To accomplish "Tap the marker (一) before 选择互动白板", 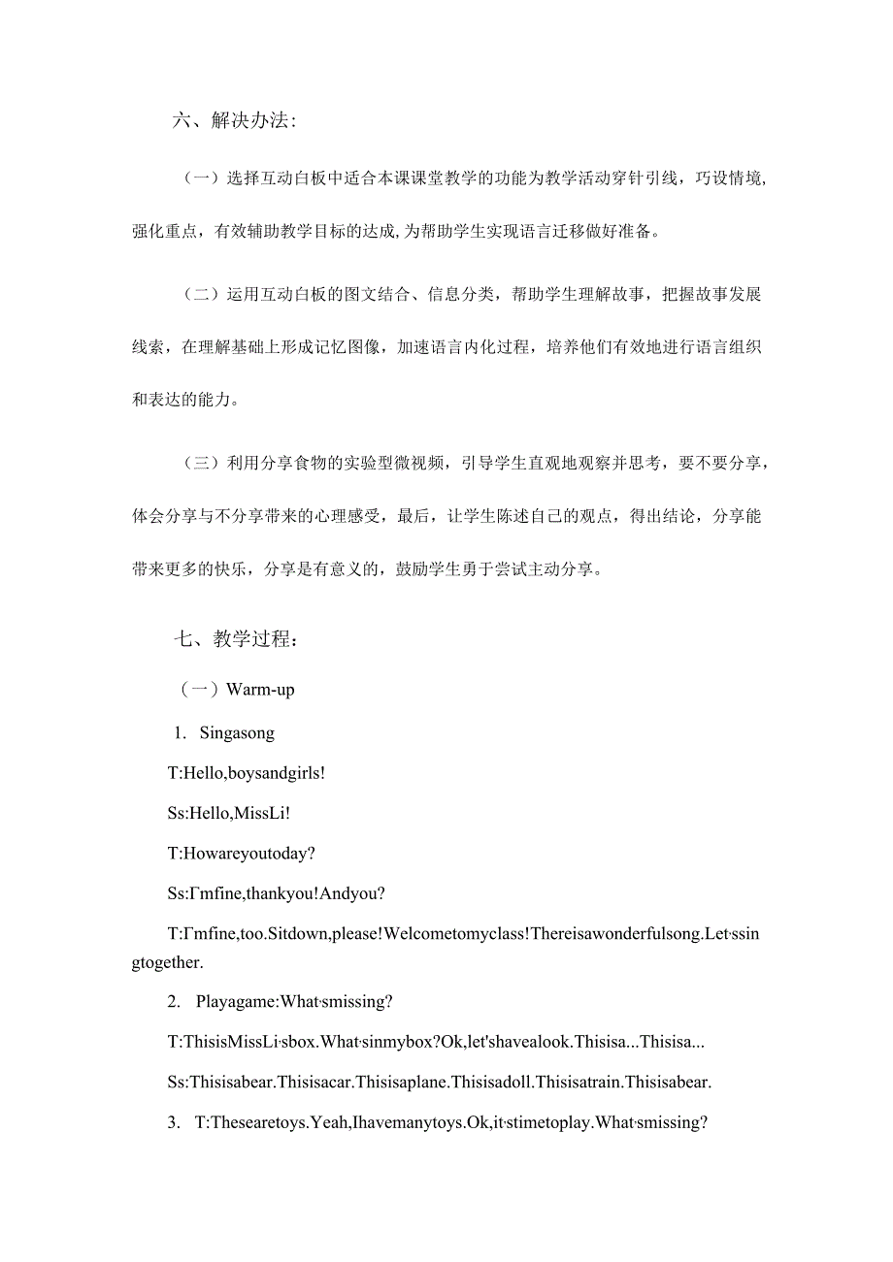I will [200, 178].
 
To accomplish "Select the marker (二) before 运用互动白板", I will [200, 295].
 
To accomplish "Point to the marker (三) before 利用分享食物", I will [200, 464].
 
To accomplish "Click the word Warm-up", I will [260, 690].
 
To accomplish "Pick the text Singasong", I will [237, 733].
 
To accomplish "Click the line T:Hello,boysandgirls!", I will [247, 774].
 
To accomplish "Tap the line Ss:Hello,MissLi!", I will [229, 814].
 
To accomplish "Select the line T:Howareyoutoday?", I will [242, 854].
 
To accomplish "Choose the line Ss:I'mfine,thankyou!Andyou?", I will [277, 893].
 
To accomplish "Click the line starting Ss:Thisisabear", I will [440, 1082].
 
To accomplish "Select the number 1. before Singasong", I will [180, 733].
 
